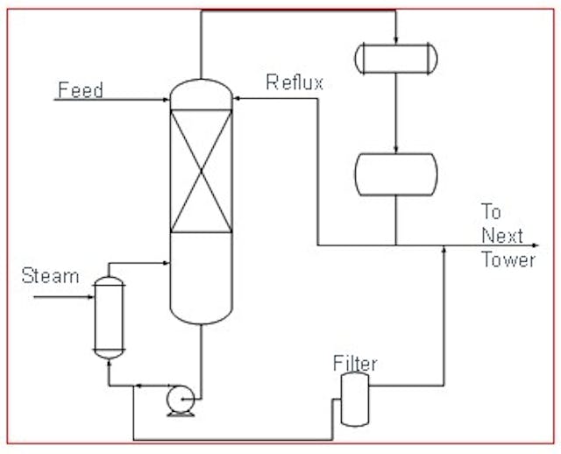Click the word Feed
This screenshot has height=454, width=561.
coord(80,89)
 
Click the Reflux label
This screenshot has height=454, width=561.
coord(295,83)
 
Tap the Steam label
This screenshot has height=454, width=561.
coord(50,277)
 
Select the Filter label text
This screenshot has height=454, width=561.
coord(355,362)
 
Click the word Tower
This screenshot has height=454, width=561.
coord(508,259)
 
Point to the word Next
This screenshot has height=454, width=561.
coord(501,236)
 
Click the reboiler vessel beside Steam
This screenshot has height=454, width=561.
coord(109,316)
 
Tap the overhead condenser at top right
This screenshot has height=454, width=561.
coord(394,58)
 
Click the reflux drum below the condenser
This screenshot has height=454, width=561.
coord(394,174)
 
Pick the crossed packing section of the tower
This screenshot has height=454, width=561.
coord(202,170)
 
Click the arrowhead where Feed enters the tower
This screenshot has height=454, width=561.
coord(166,100)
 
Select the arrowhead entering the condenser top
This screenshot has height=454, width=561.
coord(395,39)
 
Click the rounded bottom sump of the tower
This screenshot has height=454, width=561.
coord(202,311)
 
